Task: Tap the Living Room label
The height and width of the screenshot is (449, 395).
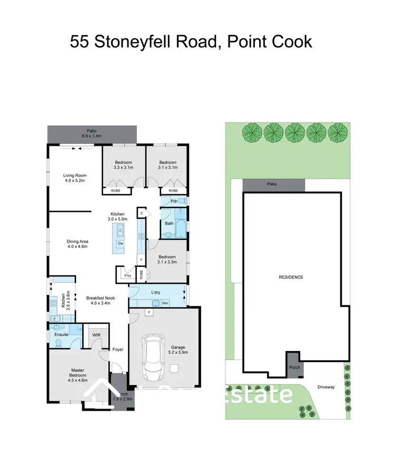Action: pyautogui.click(x=74, y=176)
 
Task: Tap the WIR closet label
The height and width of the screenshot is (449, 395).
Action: pyautogui.click(x=96, y=335)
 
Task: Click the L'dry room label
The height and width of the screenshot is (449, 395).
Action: pyautogui.click(x=156, y=292)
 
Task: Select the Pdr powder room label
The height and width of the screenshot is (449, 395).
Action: pyautogui.click(x=166, y=201)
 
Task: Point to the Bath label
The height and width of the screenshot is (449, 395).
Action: pyautogui.click(x=169, y=223)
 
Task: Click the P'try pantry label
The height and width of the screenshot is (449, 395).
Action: pyautogui.click(x=126, y=275)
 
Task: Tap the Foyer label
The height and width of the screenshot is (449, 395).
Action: pyautogui.click(x=118, y=348)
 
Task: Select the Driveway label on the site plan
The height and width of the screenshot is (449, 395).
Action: pyautogui.click(x=326, y=387)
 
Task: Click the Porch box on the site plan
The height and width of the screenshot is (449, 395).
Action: pyautogui.click(x=294, y=367)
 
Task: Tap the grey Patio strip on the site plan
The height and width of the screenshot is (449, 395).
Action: pyautogui.click(x=273, y=185)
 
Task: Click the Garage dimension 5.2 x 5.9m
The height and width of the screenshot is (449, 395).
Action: pyautogui.click(x=177, y=352)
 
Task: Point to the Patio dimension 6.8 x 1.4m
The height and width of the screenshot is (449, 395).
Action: pyautogui.click(x=92, y=136)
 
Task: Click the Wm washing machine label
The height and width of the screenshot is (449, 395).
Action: pyautogui.click(x=165, y=303)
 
